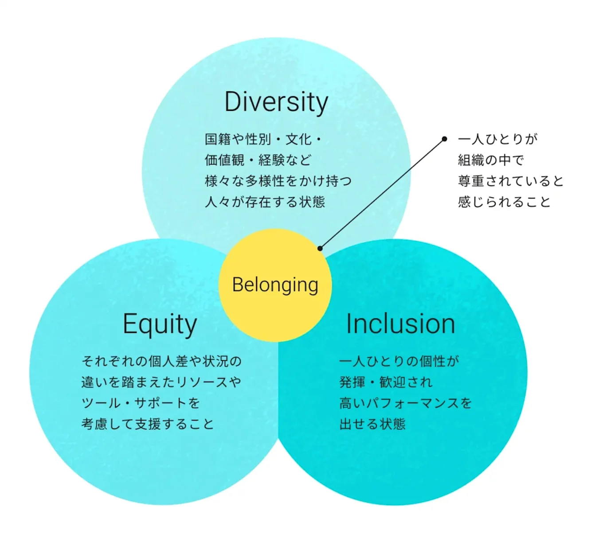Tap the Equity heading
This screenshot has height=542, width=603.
(x=160, y=325)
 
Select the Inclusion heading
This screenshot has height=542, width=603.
(x=401, y=324)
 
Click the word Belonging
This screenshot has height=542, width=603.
(x=275, y=285)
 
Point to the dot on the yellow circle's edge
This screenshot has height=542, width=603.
(x=320, y=249)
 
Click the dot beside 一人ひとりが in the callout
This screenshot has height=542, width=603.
(x=444, y=139)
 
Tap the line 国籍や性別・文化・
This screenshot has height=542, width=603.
(x=263, y=140)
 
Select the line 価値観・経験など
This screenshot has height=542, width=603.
(x=258, y=160)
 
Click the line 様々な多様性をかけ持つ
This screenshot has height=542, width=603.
(x=278, y=181)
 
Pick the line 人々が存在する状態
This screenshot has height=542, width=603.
(x=265, y=202)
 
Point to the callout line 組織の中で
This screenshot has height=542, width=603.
(x=491, y=160)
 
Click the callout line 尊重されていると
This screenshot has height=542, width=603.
(x=511, y=181)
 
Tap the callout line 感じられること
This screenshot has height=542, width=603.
(x=504, y=202)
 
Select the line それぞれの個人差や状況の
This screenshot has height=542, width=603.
(x=161, y=361)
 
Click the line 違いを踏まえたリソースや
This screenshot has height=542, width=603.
(x=161, y=382)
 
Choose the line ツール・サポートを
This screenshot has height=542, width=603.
(x=141, y=403)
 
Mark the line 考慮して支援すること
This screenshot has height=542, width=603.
(x=148, y=424)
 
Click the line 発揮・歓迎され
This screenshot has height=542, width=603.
(x=386, y=382)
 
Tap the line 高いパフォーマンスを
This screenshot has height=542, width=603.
(x=406, y=403)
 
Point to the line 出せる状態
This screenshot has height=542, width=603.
(x=372, y=424)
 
